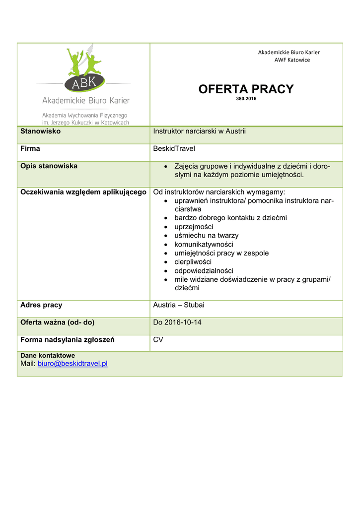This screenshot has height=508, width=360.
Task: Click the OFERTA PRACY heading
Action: [246, 89]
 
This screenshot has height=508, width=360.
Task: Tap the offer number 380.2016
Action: [246, 99]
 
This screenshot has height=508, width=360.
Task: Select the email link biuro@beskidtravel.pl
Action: [72, 364]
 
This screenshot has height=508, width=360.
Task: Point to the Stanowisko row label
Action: [40, 131]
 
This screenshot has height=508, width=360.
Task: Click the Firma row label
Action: [30, 149]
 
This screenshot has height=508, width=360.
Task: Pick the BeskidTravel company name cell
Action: [174, 149]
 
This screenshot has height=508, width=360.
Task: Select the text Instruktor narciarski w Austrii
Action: [199, 131]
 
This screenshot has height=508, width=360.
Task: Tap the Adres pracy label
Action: [41, 305]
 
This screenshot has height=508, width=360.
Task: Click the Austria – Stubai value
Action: [178, 305]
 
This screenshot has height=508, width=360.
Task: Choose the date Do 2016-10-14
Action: [177, 322]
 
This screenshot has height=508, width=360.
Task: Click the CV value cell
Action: [158, 340]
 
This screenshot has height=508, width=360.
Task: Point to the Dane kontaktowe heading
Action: [48, 356]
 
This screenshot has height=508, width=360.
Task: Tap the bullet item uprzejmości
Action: [194, 227]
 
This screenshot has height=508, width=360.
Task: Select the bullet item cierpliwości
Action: [193, 262]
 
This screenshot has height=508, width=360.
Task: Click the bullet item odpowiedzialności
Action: [204, 271]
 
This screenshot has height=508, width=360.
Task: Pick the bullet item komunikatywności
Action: [204, 245]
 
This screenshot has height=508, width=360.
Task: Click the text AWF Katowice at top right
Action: [292, 60]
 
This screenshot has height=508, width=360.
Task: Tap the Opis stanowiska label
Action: [49, 166]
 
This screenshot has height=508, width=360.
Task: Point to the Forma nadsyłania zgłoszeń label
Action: [67, 340]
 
